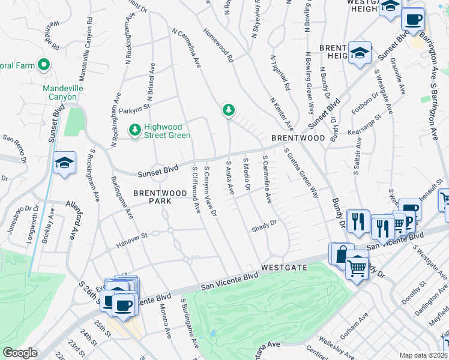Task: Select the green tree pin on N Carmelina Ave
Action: coord(228,110)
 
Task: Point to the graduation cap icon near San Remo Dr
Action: coord(64,163)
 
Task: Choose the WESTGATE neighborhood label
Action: coord(284,266)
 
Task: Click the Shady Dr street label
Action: coord(264,225)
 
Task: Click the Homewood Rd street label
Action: coord(219,47)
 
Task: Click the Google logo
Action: coord(20,353)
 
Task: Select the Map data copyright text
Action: coord(423,355)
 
